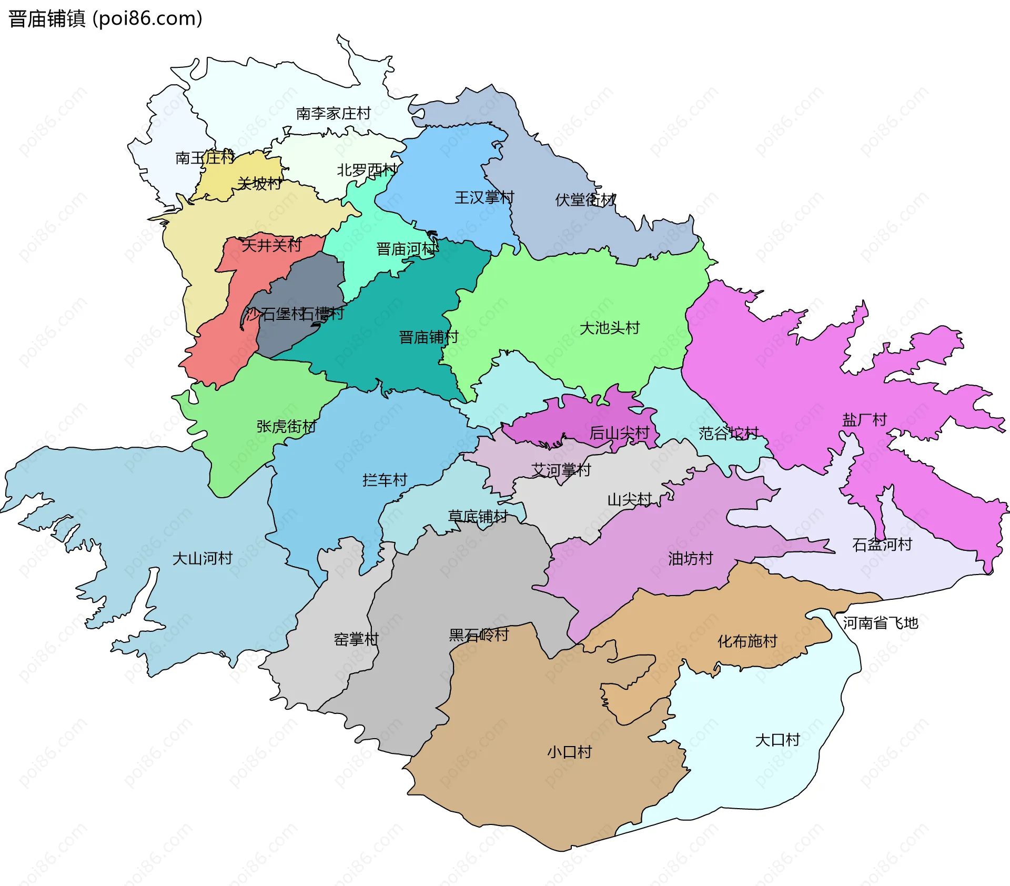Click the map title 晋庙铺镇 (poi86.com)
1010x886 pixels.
(105, 19)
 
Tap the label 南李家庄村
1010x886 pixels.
(334, 113)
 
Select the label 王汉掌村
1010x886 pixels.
(484, 197)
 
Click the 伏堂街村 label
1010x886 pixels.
(585, 200)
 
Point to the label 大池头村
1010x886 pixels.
(609, 328)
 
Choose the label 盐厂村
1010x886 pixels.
(864, 419)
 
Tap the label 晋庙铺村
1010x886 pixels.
(428, 337)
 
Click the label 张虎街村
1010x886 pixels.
(286, 426)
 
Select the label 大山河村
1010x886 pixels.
(203, 558)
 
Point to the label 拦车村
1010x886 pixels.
(385, 480)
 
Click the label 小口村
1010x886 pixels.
(569, 752)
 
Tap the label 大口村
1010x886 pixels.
(777, 740)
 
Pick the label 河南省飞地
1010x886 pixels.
(880, 623)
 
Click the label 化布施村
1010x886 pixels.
(747, 641)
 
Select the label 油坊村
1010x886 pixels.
(690, 558)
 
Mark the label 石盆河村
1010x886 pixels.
(882, 545)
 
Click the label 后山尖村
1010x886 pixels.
(619, 433)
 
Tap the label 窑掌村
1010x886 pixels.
(356, 639)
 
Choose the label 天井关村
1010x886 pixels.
(271, 245)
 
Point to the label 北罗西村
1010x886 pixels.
(367, 170)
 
